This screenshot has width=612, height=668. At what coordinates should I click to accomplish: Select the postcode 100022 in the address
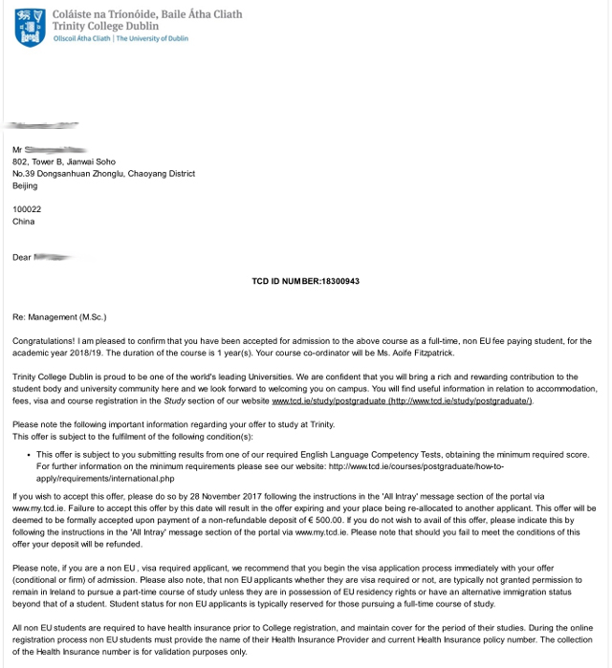point(27,209)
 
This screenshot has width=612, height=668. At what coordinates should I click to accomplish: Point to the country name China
point(23,222)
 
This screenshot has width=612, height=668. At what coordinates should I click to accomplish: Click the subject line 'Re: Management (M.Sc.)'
point(59,315)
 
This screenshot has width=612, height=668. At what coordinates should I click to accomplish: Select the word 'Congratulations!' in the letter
point(43,340)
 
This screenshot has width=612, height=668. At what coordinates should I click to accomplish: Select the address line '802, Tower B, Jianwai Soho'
point(69,162)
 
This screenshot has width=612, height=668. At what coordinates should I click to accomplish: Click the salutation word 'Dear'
point(21,257)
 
